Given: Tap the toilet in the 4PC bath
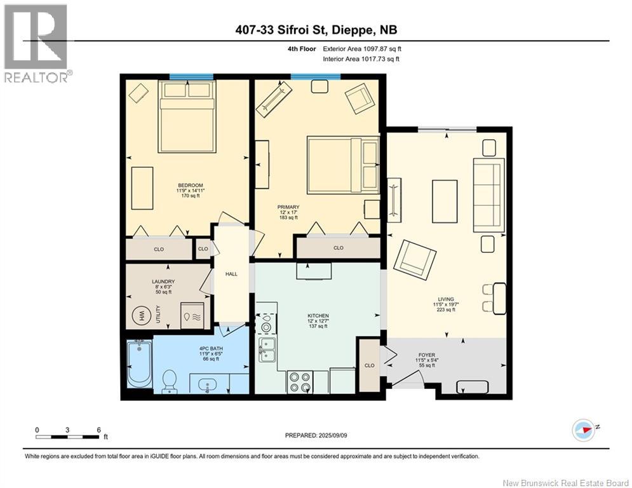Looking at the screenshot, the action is tap(170, 381).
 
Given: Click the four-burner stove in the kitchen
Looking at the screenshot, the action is tap(300, 382).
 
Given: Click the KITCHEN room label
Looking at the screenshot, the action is tap(318, 316).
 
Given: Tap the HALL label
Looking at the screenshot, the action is tap(231, 274).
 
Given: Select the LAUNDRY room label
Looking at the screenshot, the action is tap(163, 281).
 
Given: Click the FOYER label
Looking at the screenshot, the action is tap(426, 355).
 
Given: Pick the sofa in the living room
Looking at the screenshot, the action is tap(488, 195).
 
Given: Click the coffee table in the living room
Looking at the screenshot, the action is tap(445, 201).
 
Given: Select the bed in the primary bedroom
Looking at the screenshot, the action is tap(343, 164).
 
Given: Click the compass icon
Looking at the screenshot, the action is tap(583, 430).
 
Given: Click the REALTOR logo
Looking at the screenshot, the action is tap(36, 43).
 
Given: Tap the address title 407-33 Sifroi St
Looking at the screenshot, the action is tap(316, 30).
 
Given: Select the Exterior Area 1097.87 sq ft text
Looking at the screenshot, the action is tap(362, 49).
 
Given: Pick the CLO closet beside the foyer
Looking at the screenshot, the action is tap(370, 365).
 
